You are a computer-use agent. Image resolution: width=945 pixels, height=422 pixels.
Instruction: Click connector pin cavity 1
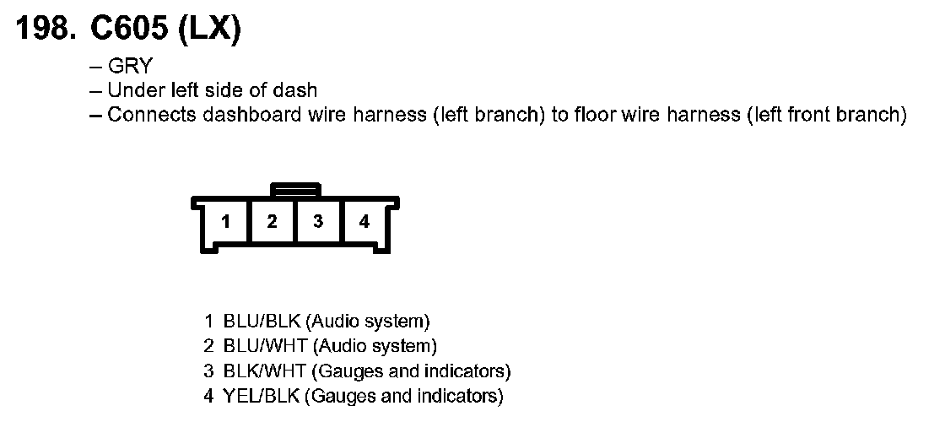click(226, 222)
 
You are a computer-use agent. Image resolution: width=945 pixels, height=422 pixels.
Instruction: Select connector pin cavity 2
click(272, 222)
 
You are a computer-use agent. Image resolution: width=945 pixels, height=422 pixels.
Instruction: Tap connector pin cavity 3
click(318, 222)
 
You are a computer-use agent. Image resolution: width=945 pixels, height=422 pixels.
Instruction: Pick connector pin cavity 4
click(364, 222)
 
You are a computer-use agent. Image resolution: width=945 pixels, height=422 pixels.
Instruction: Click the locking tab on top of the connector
click(294, 189)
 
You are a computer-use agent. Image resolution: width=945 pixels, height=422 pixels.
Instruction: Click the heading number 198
click(42, 31)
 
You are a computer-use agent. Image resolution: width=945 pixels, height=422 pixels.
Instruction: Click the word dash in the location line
click(300, 90)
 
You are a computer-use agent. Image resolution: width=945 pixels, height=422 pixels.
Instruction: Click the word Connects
click(152, 114)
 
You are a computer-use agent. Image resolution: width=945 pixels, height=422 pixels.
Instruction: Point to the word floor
click(595, 114)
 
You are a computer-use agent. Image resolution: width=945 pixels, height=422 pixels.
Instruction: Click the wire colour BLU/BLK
click(262, 322)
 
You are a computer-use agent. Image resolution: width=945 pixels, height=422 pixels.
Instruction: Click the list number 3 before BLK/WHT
click(208, 371)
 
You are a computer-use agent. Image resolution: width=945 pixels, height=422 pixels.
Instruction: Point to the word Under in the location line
click(132, 90)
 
